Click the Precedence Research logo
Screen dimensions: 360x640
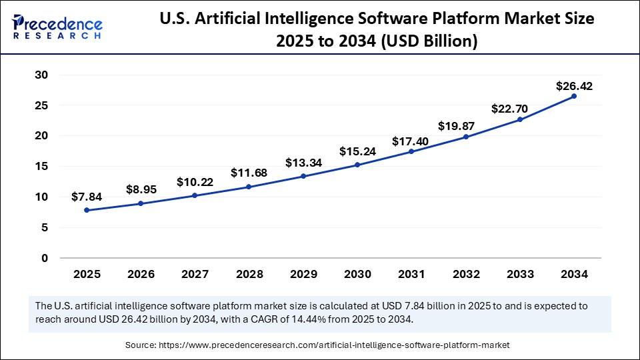[57, 27]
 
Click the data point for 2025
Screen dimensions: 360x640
[87, 210]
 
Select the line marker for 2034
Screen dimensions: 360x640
[573, 96]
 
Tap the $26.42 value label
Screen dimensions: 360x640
[574, 86]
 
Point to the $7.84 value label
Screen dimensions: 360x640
[87, 197]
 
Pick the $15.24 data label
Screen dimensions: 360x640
[358, 151]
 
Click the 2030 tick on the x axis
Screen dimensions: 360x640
[357, 273]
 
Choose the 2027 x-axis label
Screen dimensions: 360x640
[195, 273]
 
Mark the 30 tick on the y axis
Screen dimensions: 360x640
[41, 75]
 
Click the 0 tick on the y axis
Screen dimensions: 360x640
[44, 258]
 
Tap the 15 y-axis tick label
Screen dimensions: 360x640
[41, 166]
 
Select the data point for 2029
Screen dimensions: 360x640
[303, 176]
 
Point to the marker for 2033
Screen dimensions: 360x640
[519, 119]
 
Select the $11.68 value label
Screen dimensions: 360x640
[249, 173]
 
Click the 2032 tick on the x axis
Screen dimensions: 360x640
[465, 273]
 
